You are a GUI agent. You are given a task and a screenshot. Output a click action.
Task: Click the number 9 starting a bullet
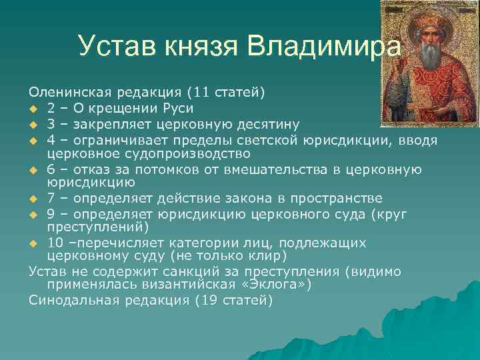(51, 213)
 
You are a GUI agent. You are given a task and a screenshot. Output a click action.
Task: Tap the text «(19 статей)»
(234, 300)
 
